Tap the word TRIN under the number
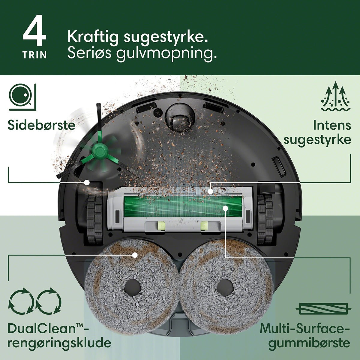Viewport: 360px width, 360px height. pyautogui.click(x=34, y=55)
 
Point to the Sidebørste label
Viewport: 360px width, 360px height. pyautogui.click(x=41, y=125)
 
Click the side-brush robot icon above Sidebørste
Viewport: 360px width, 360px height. pyautogui.click(x=22, y=97)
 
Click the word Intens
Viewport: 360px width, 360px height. pyautogui.click(x=332, y=125)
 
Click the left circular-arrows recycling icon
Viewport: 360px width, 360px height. pyautogui.click(x=21, y=301)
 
